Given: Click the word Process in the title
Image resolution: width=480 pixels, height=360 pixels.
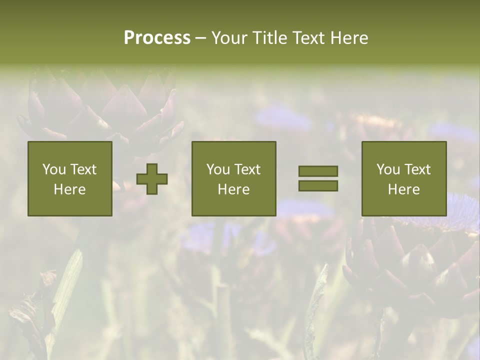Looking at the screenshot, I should point(157,38).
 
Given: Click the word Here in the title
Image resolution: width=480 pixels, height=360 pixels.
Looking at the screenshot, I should point(350,38).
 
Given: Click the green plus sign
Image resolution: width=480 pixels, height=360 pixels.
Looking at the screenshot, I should point(152,179).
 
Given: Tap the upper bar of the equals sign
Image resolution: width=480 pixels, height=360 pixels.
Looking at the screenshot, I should point(318,171).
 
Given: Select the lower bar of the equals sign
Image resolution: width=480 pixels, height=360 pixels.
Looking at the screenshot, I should point(318,186).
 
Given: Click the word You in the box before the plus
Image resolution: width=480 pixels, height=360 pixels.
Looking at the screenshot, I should point(54,169).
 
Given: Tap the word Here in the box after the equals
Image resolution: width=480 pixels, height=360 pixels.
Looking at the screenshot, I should point(403,189).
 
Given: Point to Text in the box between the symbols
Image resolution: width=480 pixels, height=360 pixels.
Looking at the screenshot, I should point(247,169).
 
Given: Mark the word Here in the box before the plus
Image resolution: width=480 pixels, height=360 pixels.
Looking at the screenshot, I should point(69,189).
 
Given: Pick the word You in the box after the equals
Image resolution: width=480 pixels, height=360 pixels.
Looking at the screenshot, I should point(388,169).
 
